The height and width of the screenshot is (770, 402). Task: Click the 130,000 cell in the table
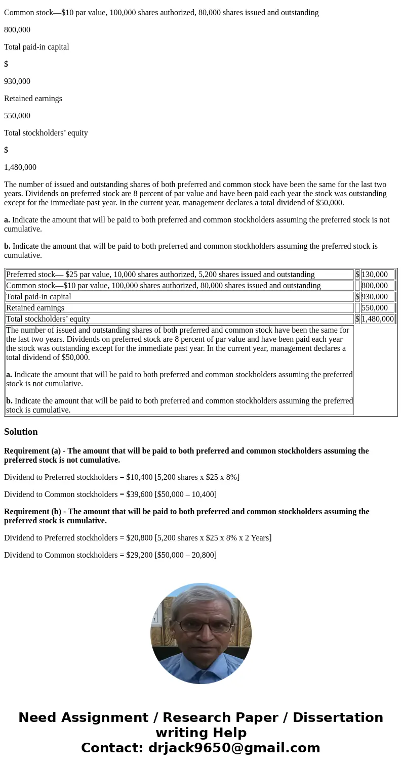[375, 275]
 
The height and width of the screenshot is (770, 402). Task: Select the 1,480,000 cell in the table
[377, 319]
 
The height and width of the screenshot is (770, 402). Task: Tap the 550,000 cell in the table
[375, 308]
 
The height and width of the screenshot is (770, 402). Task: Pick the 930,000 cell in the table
[375, 297]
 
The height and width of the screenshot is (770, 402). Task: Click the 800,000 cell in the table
[375, 286]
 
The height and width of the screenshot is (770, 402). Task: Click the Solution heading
[21, 432]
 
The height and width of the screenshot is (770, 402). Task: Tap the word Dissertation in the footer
[338, 718]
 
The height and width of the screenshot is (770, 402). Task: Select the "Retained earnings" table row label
[35, 308]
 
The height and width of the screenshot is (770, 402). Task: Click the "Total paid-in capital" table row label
[38, 297]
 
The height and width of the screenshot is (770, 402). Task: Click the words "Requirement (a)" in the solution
[32, 451]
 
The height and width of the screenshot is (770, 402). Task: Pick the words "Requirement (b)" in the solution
[32, 512]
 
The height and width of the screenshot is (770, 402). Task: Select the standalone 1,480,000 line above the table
[20, 167]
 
